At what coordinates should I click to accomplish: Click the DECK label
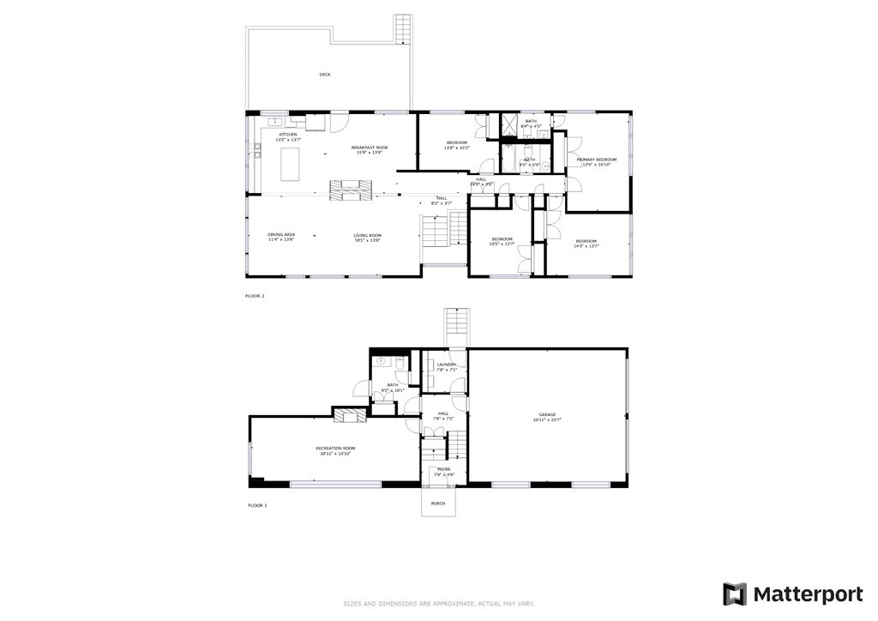[x=325, y=75]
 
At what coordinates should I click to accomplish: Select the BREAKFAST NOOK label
[x=370, y=148]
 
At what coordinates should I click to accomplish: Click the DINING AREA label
[x=281, y=235]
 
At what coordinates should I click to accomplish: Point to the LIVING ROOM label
[x=367, y=235]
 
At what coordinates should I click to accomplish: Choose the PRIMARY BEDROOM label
[x=597, y=160]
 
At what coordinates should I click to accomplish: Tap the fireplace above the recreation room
[x=350, y=417]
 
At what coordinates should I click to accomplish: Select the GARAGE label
[x=548, y=414]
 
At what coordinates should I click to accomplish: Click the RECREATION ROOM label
[x=335, y=449]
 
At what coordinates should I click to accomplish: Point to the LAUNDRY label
[x=446, y=365]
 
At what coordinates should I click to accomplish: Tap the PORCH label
[x=438, y=503]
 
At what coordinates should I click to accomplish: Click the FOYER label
[x=444, y=469]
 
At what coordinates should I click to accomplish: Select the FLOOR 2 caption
[x=256, y=295]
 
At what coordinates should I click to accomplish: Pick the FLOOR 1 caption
[x=257, y=505]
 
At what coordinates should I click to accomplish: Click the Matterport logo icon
[x=735, y=594]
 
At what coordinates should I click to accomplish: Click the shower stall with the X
[x=508, y=126]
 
